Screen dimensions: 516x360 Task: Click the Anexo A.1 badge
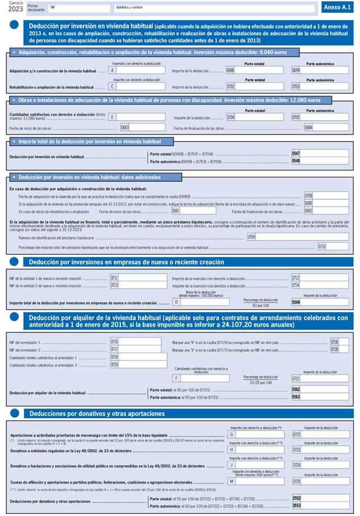pyautogui.click(x=338, y=7)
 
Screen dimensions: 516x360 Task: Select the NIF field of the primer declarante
pyautogui.click(x=78, y=8)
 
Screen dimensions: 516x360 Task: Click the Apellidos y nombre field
pyautogui.click(x=213, y=8)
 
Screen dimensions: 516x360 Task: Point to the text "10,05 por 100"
pyautogui.click(x=260, y=383)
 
